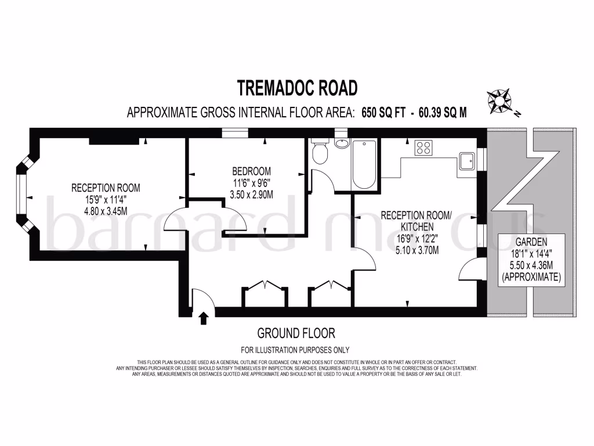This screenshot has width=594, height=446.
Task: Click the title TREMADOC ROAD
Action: (x=297, y=88)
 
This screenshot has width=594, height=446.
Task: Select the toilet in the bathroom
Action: (x=320, y=153)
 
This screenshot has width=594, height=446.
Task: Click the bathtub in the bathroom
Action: (x=364, y=164)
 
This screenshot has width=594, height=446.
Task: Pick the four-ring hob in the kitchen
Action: (x=423, y=148)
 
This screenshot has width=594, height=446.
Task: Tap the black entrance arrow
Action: (x=204, y=318)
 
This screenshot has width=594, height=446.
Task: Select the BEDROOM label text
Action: (x=251, y=171)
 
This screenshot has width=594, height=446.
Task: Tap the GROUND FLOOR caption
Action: (x=296, y=333)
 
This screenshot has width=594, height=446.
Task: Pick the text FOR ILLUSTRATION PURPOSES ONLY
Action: (x=296, y=350)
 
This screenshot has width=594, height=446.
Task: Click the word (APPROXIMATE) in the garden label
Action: (x=531, y=278)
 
